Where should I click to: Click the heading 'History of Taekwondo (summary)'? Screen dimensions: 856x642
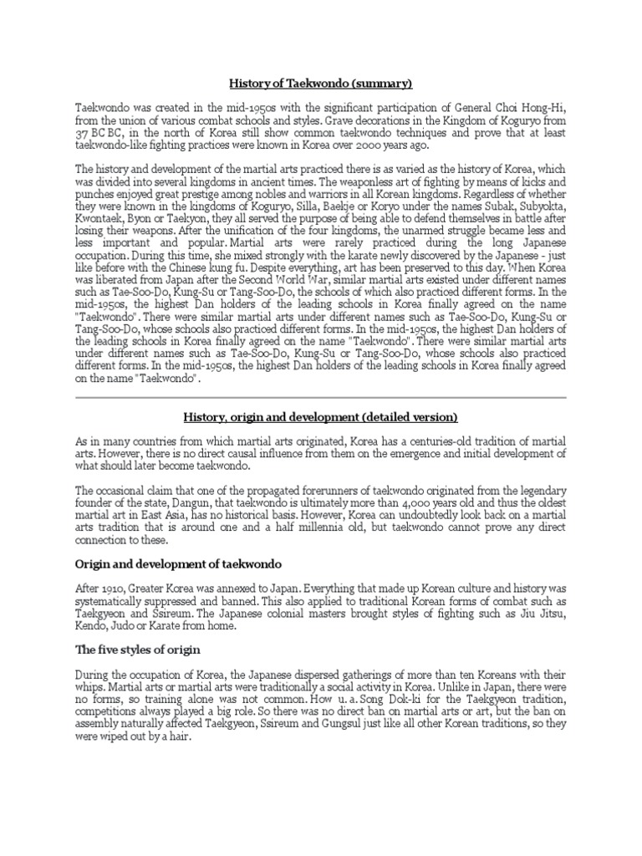click(x=321, y=84)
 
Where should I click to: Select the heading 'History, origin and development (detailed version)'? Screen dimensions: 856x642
click(x=321, y=416)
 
